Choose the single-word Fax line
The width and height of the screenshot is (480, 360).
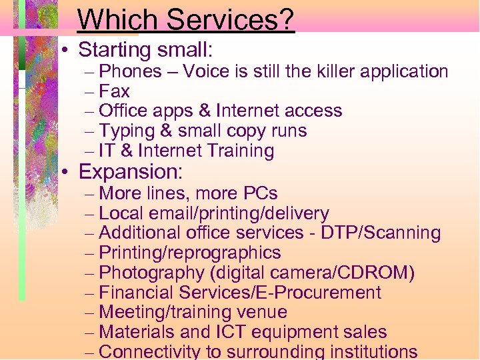click(114, 91)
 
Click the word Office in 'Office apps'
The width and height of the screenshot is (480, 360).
click(123, 111)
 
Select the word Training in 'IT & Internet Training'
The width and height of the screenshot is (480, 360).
click(241, 151)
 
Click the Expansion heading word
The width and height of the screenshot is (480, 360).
click(130, 171)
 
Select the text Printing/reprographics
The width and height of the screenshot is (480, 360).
click(189, 253)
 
